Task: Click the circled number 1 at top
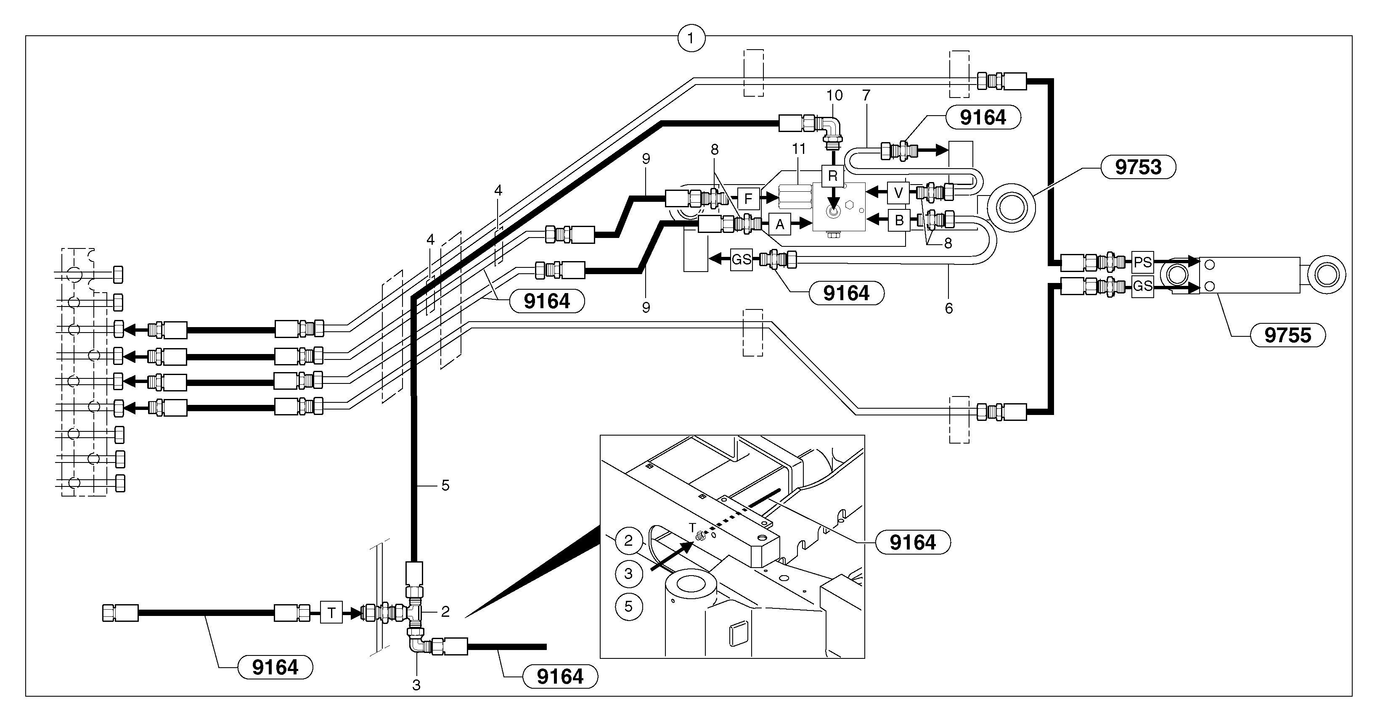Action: pyautogui.click(x=691, y=38)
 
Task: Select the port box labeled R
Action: pyautogui.click(x=832, y=176)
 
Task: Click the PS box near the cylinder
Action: pyautogui.click(x=1142, y=262)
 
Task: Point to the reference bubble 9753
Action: pyautogui.click(x=1138, y=167)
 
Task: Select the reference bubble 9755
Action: pyautogui.click(x=1287, y=335)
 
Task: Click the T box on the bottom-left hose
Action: pyautogui.click(x=331, y=613)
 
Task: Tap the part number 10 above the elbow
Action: pyautogui.click(x=834, y=95)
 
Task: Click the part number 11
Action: pyautogui.click(x=799, y=149)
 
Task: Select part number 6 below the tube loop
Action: pyautogui.click(x=949, y=309)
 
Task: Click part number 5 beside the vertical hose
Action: pyautogui.click(x=445, y=485)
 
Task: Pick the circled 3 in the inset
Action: pyautogui.click(x=628, y=573)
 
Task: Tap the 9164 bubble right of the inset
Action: pyautogui.click(x=912, y=542)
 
